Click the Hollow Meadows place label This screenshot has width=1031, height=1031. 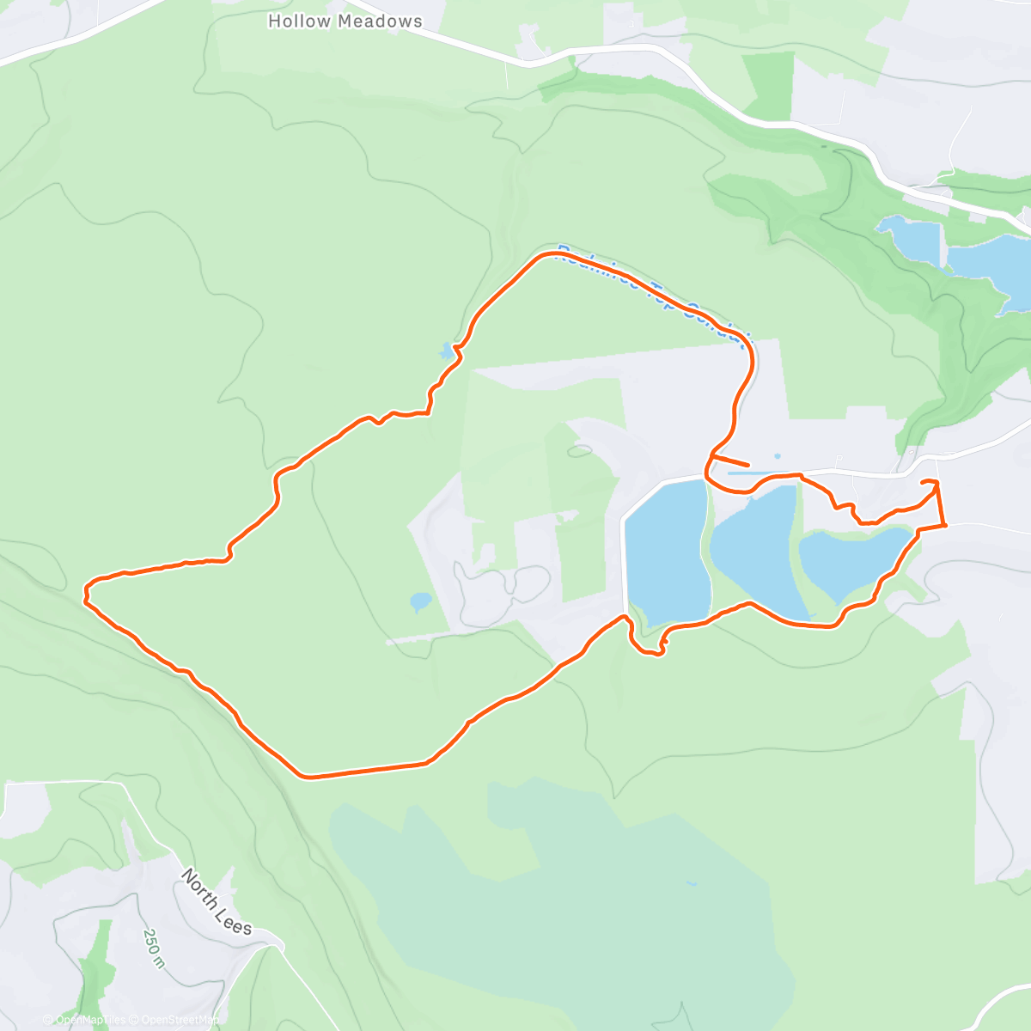tap(345, 21)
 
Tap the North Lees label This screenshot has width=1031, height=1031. tap(217, 901)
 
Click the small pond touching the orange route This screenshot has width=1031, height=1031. tap(446, 351)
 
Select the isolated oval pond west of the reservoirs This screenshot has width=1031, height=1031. tap(420, 601)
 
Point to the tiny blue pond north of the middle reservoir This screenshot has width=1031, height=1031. tap(777, 456)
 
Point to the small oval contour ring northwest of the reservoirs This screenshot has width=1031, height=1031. tap(580, 449)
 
